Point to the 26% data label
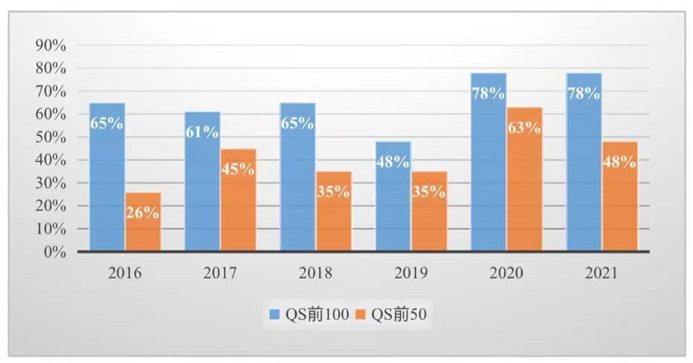click(143, 212)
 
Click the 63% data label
click(524, 127)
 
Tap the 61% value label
click(202, 132)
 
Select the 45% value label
click(238, 168)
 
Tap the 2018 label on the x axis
click(314, 274)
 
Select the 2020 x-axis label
click(506, 274)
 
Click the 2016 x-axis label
click(124, 274)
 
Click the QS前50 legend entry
click(399, 316)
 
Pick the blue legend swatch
click(276, 316)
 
